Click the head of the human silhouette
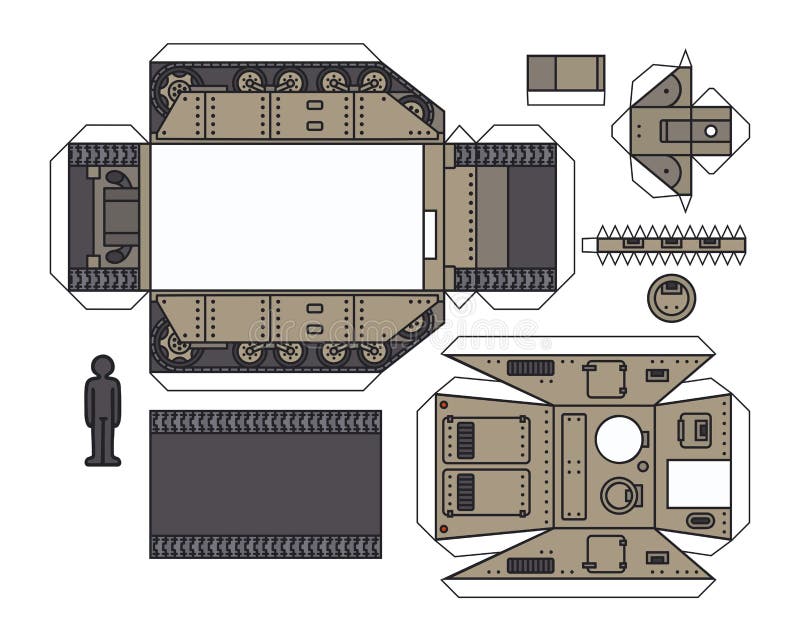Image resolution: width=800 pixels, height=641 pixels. (x=102, y=365)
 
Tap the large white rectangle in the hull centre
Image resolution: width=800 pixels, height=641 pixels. (x=286, y=216)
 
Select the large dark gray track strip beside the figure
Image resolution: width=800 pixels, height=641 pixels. (x=265, y=483)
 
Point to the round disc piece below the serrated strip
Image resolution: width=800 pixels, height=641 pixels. (x=670, y=297)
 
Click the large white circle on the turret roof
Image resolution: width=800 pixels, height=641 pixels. (x=619, y=438)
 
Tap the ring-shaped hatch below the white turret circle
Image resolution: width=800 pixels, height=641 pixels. (x=619, y=494)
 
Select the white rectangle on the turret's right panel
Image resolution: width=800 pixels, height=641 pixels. (x=698, y=483)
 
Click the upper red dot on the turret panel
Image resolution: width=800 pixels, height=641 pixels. (x=443, y=405)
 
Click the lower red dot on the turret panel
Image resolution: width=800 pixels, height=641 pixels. (x=443, y=528)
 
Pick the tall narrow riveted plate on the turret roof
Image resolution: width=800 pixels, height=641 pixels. (x=574, y=465)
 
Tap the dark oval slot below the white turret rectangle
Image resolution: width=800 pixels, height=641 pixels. (x=700, y=521)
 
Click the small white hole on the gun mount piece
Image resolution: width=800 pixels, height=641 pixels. (x=711, y=130)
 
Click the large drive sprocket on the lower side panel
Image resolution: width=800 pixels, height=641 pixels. (x=176, y=345)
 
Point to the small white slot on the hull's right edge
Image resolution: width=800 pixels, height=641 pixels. (x=430, y=235)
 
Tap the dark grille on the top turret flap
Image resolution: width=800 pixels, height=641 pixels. (x=530, y=367)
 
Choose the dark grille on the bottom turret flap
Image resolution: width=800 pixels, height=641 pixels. (x=530, y=566)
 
